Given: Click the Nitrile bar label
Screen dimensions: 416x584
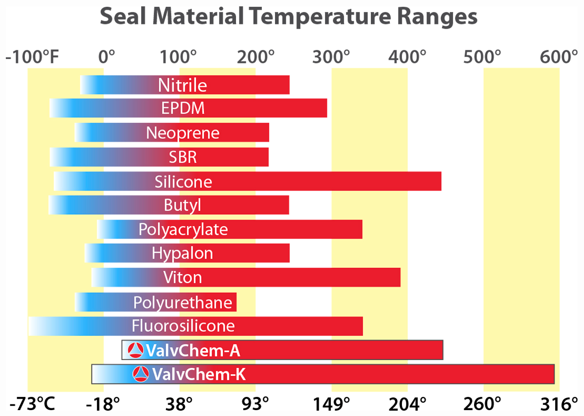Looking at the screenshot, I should point(182,85).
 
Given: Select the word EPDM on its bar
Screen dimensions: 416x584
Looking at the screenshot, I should point(183,108).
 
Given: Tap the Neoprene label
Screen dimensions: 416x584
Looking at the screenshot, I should point(183,132).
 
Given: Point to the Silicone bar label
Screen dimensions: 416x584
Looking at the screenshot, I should point(183,182).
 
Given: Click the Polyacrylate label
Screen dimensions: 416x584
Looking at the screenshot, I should point(183,229).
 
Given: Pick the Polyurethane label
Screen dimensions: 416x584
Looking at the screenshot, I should point(183,303).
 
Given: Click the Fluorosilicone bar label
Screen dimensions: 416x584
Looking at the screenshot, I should point(183,325).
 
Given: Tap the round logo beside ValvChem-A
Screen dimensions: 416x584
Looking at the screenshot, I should point(135,350).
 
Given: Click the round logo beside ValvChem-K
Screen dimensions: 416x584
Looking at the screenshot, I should point(142,374).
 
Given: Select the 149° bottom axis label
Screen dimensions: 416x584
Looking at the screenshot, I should point(332,404).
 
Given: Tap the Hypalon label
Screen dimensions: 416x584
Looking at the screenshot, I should point(182,253).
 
